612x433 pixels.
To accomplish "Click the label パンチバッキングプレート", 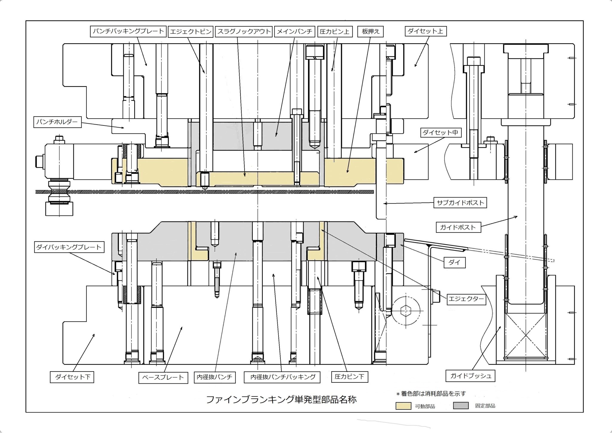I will [x=128, y=31].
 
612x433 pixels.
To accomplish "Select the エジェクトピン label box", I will [x=191, y=32].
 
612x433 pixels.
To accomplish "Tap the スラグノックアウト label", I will [x=244, y=32].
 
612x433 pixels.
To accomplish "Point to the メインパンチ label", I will [x=294, y=32].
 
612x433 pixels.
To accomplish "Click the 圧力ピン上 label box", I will [x=334, y=32].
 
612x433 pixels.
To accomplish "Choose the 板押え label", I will [x=371, y=32].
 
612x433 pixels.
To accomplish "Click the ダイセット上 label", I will [x=426, y=31].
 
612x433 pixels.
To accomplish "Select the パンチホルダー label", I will [x=57, y=122].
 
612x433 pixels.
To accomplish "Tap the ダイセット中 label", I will [x=440, y=132].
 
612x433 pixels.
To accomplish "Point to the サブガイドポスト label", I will [x=460, y=203].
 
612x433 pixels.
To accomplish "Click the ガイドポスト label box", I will [x=458, y=227].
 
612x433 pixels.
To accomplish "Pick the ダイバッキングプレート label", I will [x=69, y=247].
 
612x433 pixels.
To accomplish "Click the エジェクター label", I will [x=466, y=299].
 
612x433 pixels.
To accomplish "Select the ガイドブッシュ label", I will [x=471, y=376].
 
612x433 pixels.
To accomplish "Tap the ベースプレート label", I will [x=163, y=377].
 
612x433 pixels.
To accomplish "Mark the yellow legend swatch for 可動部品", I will [x=403, y=406].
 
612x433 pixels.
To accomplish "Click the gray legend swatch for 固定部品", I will [x=460, y=406].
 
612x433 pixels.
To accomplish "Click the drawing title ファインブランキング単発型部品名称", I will [x=281, y=400].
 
